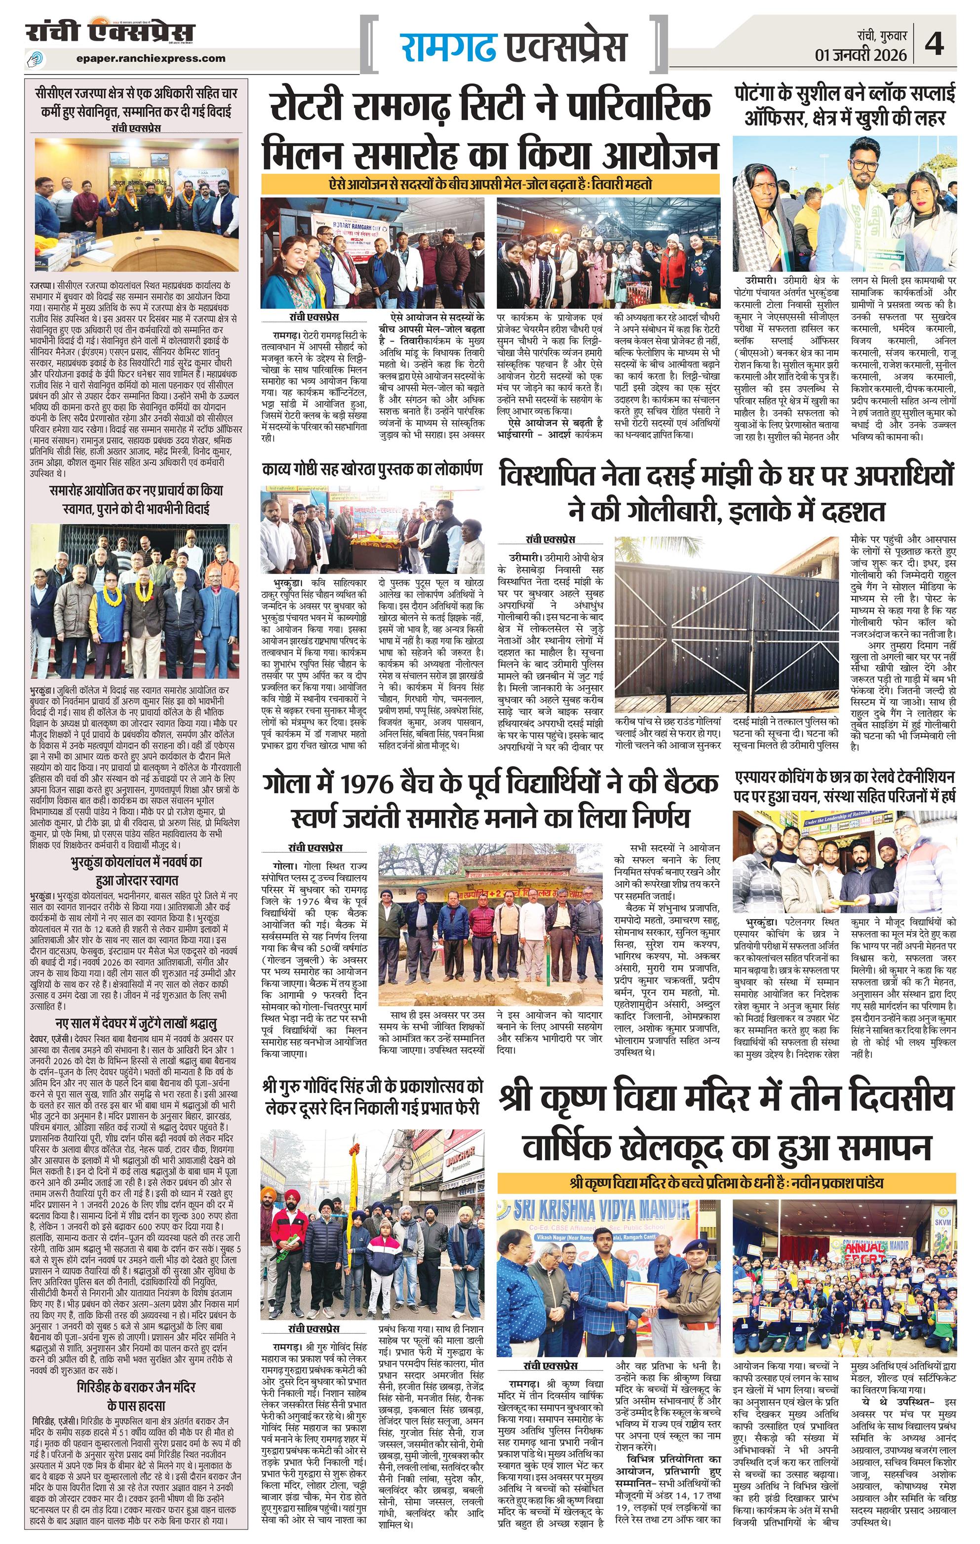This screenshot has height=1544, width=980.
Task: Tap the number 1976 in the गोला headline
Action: point(367,784)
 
